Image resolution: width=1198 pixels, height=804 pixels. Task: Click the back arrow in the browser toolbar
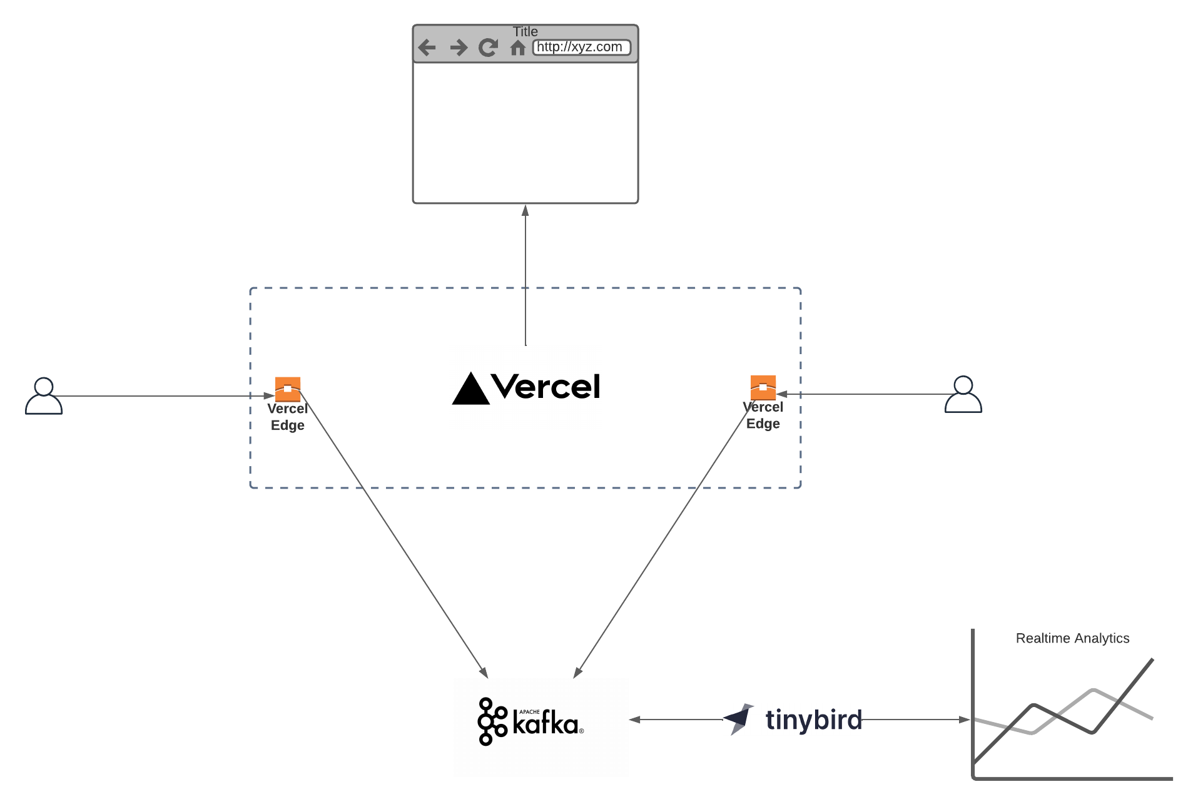[427, 48]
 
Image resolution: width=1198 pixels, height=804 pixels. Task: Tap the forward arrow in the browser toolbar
[459, 48]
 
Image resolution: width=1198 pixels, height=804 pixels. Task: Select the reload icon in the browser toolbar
[488, 48]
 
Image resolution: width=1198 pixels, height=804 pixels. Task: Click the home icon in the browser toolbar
[517, 48]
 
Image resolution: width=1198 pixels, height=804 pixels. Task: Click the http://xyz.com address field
[581, 48]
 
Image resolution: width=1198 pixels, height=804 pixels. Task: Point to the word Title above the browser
[525, 31]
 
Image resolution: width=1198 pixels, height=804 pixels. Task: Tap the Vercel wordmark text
[546, 387]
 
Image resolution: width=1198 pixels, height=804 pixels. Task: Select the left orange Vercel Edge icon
[288, 389]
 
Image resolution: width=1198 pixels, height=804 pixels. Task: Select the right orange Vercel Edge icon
[763, 387]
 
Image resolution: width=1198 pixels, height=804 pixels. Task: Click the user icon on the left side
[44, 396]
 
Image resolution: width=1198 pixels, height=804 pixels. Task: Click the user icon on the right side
[963, 395]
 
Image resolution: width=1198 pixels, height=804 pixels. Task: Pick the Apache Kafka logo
[530, 721]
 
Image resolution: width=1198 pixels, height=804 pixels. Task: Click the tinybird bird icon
[739, 719]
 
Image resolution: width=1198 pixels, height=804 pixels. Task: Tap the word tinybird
[813, 720]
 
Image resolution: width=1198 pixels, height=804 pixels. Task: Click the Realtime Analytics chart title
[1072, 638]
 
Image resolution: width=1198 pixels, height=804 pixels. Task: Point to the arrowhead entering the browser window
[525, 211]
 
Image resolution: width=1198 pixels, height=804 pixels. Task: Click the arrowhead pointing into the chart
[964, 720]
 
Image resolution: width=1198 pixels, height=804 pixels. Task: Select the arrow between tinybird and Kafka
[676, 720]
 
